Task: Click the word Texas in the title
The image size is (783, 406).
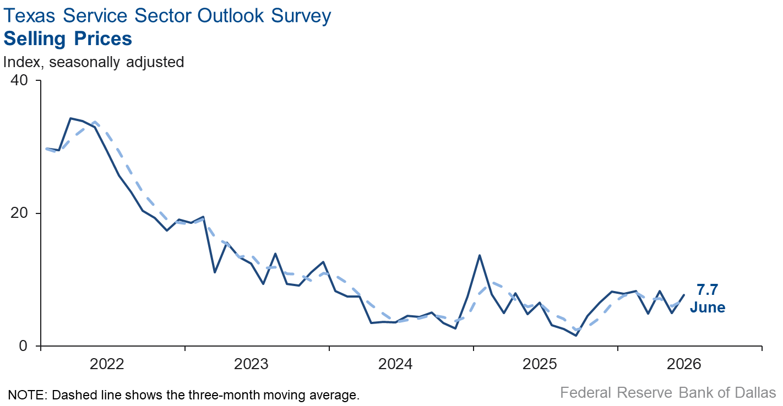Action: (29, 16)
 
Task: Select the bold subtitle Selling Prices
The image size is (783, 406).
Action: (68, 39)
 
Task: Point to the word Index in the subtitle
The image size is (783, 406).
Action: (21, 63)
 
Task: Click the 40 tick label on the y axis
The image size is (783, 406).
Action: (19, 80)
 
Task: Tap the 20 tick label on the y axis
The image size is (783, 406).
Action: (19, 213)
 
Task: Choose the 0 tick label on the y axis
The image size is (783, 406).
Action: (23, 345)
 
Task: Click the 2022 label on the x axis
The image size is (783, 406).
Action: (107, 364)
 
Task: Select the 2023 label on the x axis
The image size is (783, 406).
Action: (251, 364)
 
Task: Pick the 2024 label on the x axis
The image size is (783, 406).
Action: (395, 364)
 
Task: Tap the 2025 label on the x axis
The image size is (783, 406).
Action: (540, 364)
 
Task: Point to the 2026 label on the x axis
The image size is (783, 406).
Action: (684, 364)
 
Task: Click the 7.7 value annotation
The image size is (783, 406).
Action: (708, 290)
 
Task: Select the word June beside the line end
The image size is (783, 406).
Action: (708, 307)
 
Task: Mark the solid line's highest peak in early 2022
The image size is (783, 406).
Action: (70, 118)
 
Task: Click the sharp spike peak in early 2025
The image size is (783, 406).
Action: (480, 255)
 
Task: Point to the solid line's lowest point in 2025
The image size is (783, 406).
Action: (576, 336)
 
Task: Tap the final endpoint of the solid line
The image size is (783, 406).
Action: (684, 295)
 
